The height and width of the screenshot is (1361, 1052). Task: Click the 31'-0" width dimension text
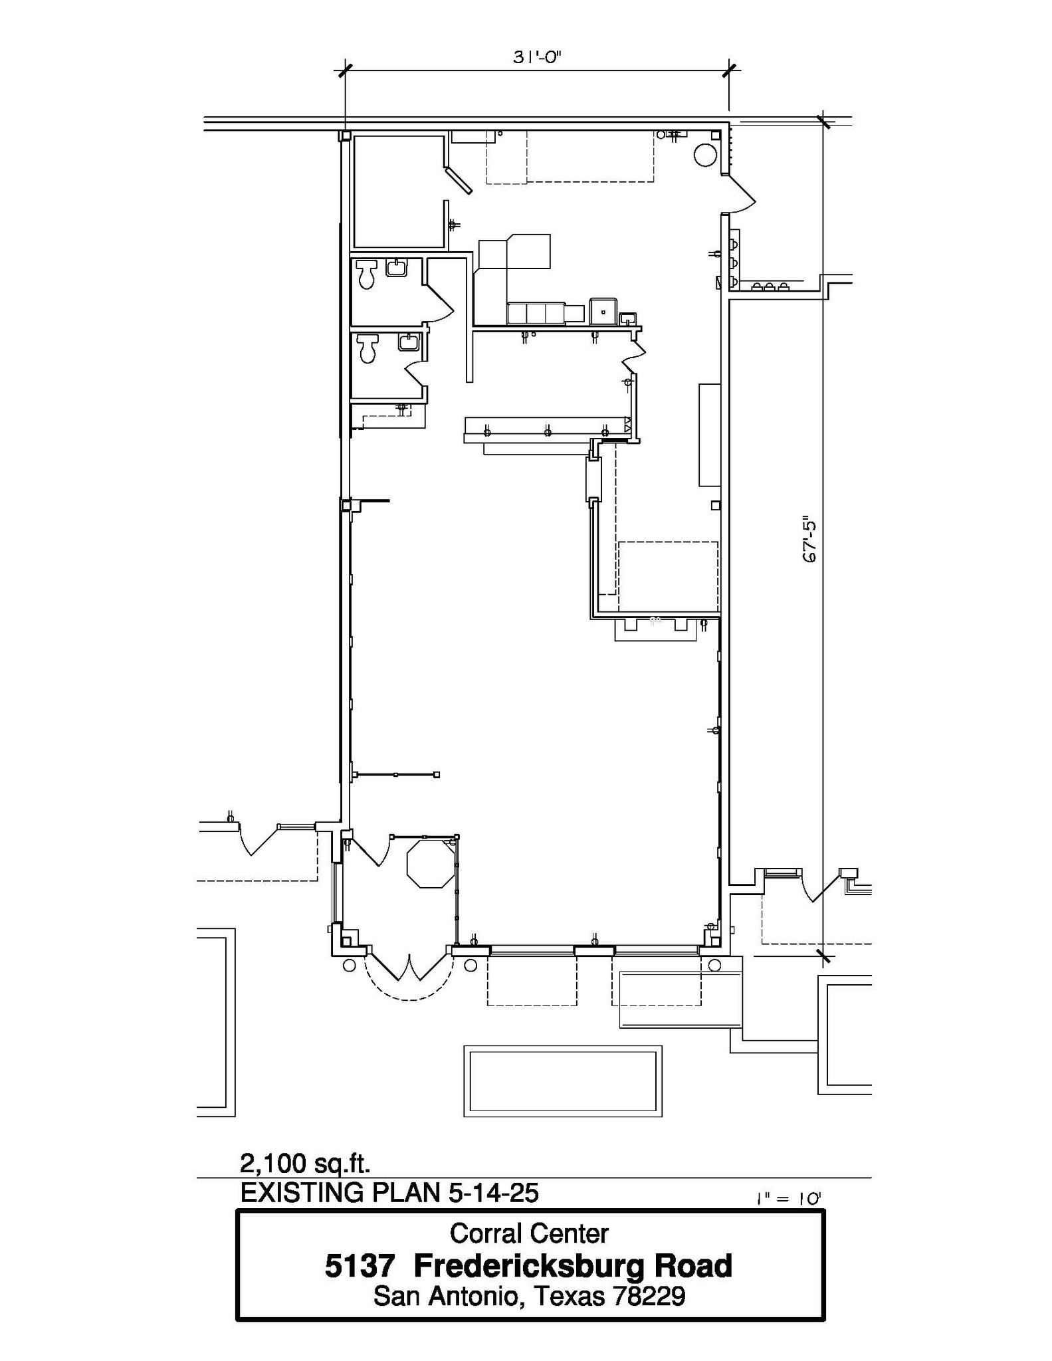click(x=537, y=57)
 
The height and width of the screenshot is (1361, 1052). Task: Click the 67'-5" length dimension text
click(x=809, y=539)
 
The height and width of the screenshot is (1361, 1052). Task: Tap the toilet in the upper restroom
click(x=366, y=274)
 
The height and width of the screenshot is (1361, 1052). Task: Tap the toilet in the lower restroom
click(x=368, y=348)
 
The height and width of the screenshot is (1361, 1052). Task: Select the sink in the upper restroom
click(x=397, y=268)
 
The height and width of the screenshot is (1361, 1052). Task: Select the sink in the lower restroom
click(x=408, y=342)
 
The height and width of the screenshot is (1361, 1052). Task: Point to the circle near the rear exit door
click(x=705, y=156)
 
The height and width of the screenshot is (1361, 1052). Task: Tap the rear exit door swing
click(x=741, y=194)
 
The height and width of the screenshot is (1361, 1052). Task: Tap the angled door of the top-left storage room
click(x=459, y=180)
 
